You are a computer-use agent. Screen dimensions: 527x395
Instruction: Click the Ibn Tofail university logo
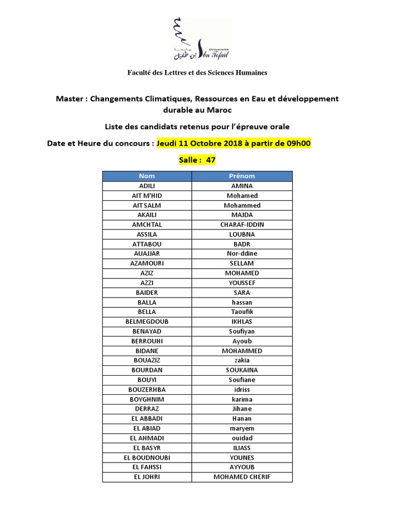coord(201,39)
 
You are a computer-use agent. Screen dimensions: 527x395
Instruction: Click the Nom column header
coord(147,176)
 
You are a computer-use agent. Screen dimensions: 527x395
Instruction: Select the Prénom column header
coord(242,176)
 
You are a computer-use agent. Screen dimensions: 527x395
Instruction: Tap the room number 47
coord(210,160)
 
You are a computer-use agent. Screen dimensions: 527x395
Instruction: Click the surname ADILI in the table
coord(147,186)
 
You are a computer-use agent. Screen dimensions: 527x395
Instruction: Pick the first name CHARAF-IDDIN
coord(242,224)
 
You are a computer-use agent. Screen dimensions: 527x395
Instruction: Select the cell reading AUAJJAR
coord(147,254)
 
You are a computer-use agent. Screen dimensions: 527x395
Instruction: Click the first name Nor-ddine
coord(242,254)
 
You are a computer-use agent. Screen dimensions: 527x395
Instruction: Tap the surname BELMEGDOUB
coord(147,322)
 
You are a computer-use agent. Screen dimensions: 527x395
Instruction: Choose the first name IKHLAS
coord(242,322)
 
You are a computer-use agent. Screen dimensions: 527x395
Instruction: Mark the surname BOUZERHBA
coord(147,390)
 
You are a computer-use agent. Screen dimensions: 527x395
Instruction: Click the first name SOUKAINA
coord(242,370)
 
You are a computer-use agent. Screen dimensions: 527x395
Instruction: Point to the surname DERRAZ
coord(147,409)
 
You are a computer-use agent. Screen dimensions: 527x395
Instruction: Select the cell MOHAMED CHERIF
coord(242,477)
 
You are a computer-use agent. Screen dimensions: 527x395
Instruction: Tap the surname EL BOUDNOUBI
coord(147,458)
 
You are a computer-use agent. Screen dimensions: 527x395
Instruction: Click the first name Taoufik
coord(242,312)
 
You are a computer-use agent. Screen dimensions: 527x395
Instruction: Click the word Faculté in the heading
coord(140,73)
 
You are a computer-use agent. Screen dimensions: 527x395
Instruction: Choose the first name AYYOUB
coord(242,467)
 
